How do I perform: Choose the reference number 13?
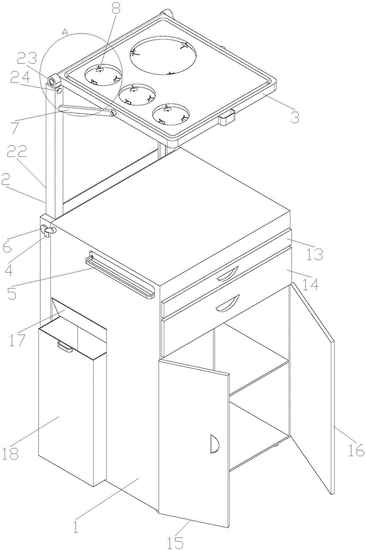(315, 254)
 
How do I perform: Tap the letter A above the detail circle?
(64, 33)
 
